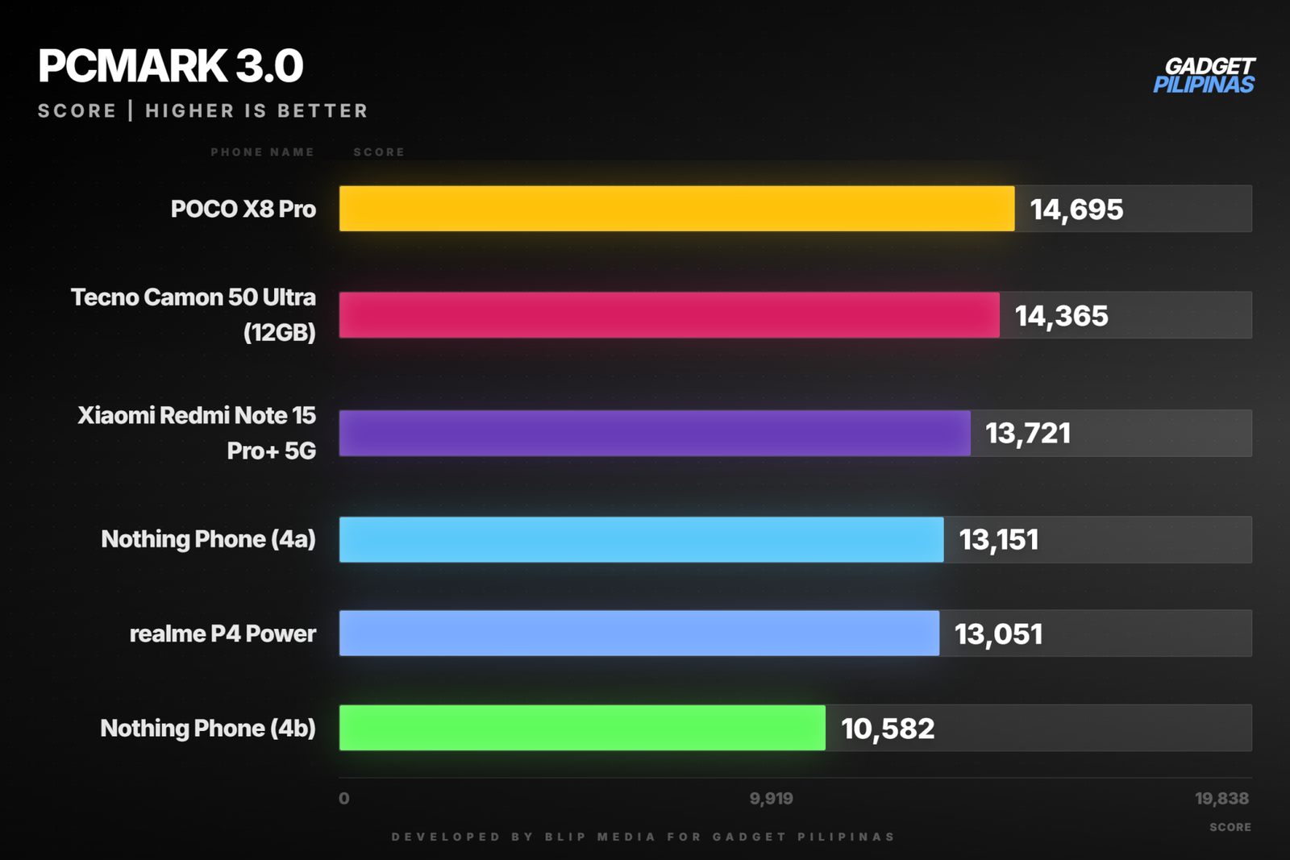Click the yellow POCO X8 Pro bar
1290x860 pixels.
676,209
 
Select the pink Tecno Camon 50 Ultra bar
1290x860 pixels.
669,315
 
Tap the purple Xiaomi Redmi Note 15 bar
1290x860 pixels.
655,433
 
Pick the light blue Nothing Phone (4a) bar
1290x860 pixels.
642,539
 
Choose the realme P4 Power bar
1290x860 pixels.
639,634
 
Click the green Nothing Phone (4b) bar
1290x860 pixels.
582,728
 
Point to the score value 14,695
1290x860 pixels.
1076,210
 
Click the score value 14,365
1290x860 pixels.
1061,316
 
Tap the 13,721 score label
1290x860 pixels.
1028,434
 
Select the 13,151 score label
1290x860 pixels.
999,540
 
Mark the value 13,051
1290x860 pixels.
999,634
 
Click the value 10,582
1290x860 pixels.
888,729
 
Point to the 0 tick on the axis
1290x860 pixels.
343,799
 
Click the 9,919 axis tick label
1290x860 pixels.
771,799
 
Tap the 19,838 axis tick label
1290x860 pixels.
1221,799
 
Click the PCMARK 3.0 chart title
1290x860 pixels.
170,65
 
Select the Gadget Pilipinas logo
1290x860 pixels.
1205,75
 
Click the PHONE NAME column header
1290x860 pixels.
262,152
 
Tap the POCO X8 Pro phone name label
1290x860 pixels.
243,209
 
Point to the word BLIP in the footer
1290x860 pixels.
565,837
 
